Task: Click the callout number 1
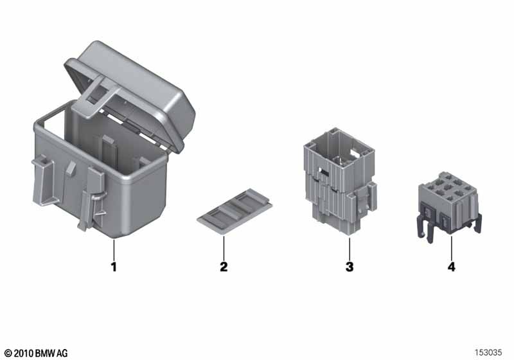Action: click(x=114, y=267)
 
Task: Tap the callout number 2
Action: click(x=224, y=267)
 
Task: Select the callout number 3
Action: click(x=350, y=267)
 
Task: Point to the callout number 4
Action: click(x=452, y=267)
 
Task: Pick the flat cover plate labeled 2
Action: click(x=235, y=212)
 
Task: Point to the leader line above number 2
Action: click(x=224, y=248)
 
